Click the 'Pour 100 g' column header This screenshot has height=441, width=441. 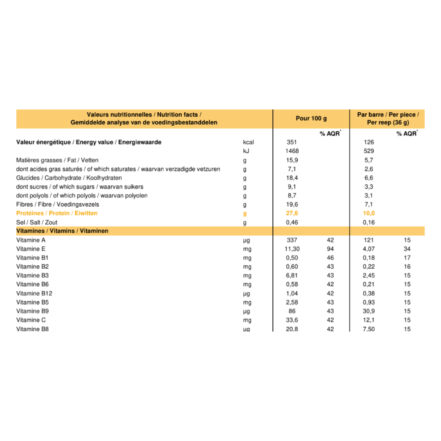click(311, 119)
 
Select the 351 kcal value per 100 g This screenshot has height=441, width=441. click(292, 143)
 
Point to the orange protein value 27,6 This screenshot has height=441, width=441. click(292, 213)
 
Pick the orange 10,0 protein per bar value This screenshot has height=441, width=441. click(369, 213)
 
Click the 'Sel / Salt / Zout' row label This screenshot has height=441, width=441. click(37, 223)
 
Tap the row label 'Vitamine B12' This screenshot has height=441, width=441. click(34, 293)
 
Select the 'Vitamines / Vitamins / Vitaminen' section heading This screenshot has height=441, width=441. click(62, 231)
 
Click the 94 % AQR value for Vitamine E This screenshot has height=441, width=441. click(330, 249)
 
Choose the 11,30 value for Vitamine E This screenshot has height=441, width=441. click(292, 249)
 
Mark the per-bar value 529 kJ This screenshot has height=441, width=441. click(369, 151)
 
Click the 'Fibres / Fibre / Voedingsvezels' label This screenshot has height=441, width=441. click(58, 204)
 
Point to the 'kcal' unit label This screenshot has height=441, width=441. click(248, 143)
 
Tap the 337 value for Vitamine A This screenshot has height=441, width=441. click(292, 240)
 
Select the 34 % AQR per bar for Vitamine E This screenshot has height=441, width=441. click(407, 249)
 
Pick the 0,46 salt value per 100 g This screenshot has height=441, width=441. click(292, 223)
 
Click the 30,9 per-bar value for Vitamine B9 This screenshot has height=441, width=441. click(369, 311)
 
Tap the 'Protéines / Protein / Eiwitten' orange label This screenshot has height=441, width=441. click(57, 213)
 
